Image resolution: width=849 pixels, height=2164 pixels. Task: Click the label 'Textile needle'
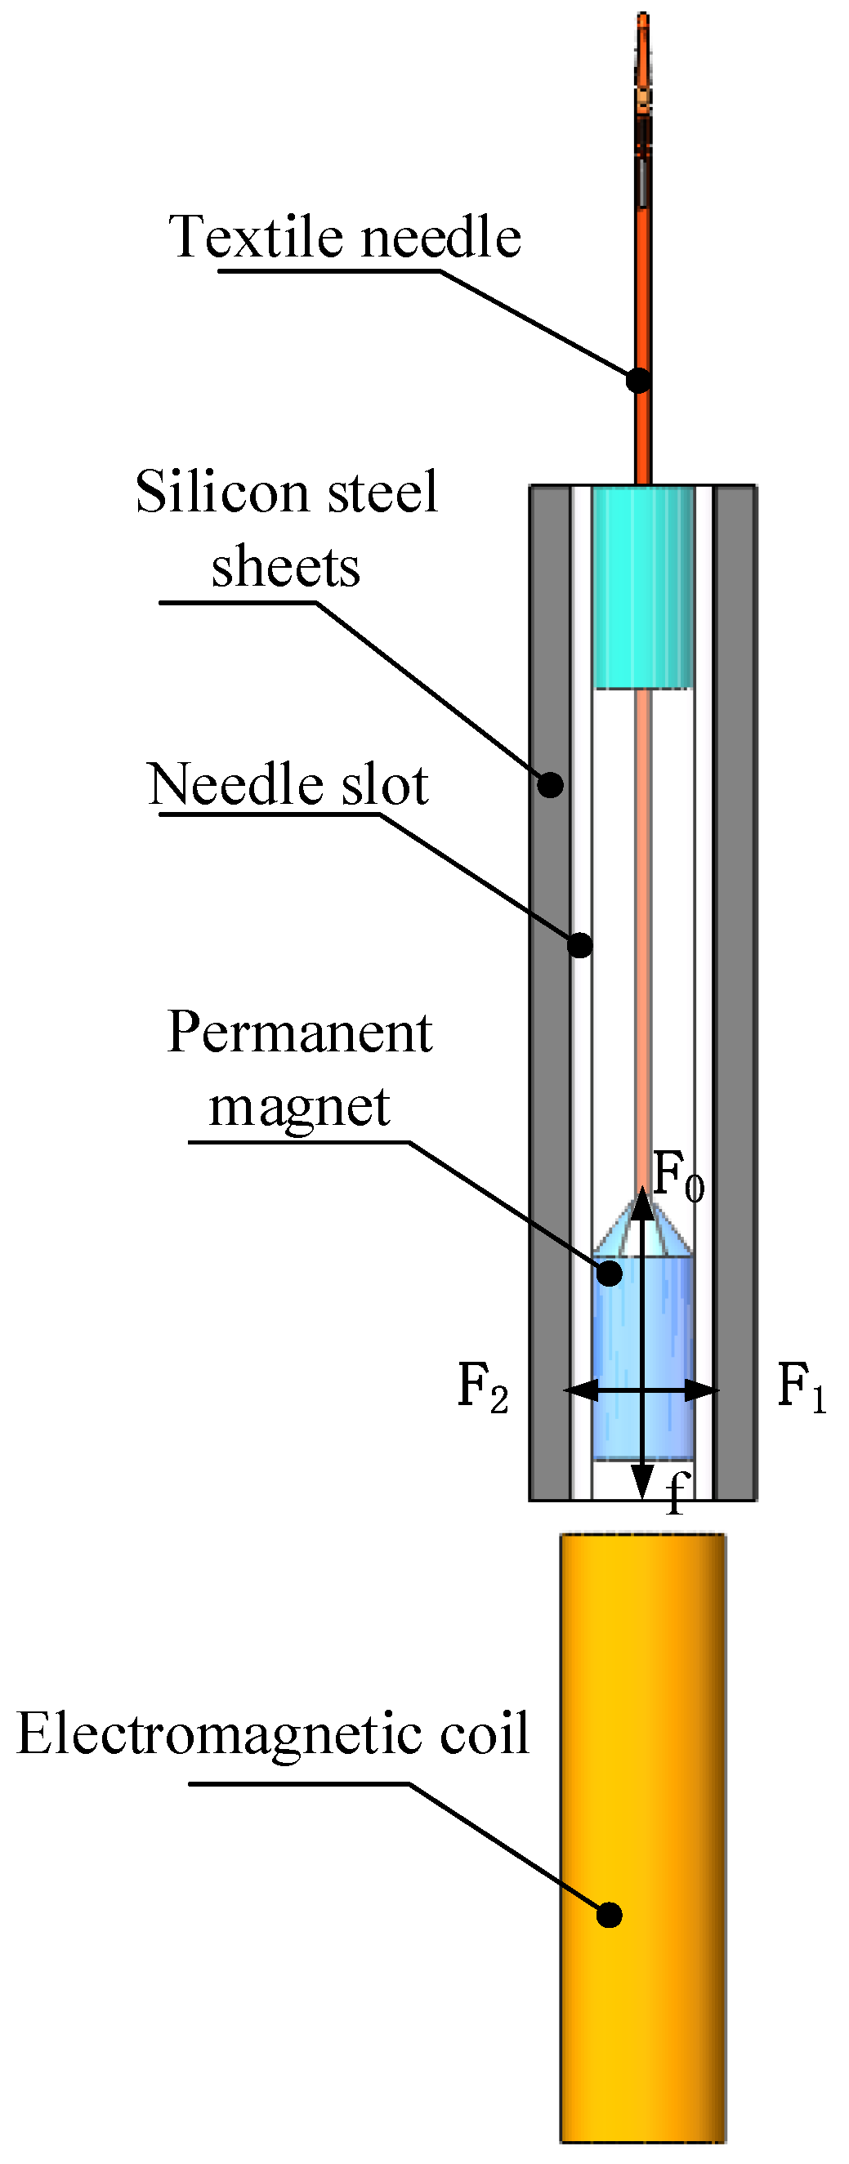tap(345, 237)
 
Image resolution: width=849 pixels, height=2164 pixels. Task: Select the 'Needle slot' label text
tap(288, 785)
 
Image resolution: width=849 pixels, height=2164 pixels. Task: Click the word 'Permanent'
tap(299, 1033)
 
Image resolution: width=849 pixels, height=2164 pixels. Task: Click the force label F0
tap(677, 1177)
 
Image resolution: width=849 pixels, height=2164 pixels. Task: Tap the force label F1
tap(801, 1387)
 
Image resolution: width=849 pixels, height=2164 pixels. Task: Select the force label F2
tap(481, 1387)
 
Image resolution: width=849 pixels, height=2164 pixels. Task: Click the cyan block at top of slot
tap(643, 588)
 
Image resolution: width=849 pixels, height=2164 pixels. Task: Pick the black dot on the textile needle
tap(639, 381)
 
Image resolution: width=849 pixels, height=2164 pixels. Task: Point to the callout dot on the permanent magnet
tap(610, 1274)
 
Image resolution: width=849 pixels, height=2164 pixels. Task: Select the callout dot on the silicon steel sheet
tap(551, 785)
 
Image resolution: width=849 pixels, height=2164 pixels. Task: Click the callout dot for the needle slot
tap(580, 945)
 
